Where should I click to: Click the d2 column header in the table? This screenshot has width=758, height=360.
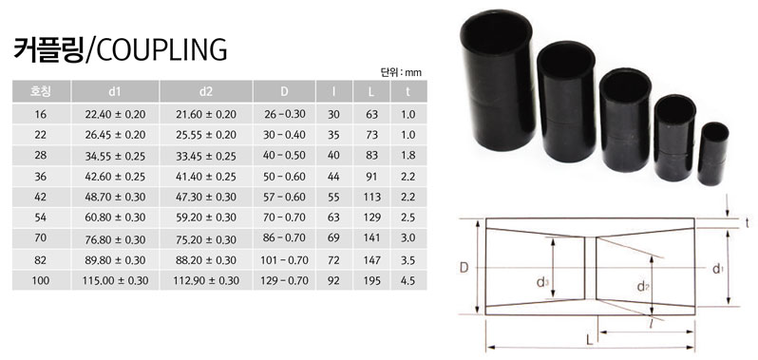206,92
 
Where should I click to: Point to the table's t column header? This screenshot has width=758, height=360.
407,92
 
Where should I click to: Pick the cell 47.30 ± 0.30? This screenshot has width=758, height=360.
206,198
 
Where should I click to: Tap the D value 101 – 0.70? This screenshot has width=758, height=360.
285,260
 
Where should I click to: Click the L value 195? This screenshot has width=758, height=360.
370,281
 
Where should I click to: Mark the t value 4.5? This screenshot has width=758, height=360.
407,281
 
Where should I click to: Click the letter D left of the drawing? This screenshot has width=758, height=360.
463,269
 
